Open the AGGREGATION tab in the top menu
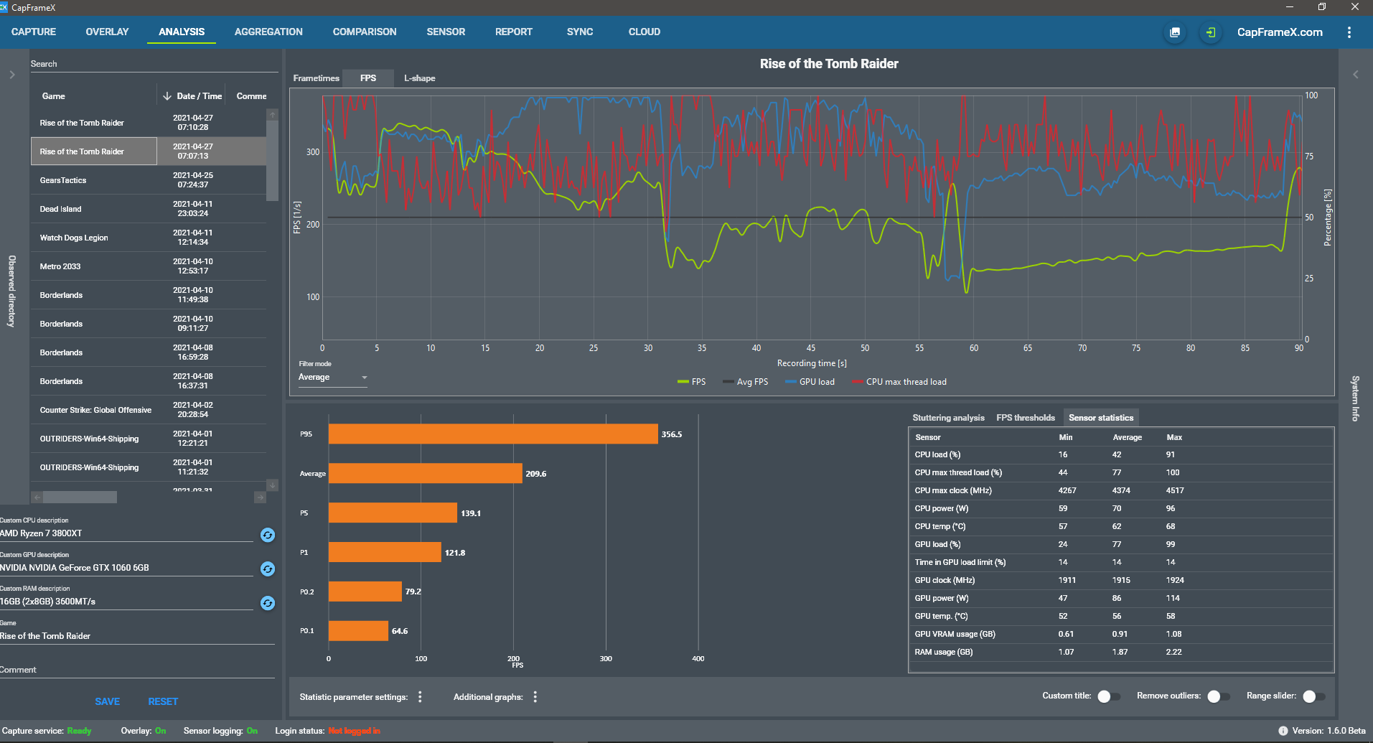pos(268,32)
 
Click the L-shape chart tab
pos(419,78)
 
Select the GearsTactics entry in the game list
pos(63,180)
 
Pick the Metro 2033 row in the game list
pos(60,266)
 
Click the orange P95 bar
pos(492,434)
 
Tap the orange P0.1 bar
pos(358,631)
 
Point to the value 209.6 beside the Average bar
pos(535,474)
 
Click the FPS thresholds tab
pos(1025,418)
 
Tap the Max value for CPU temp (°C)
pos(1171,526)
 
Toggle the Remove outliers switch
pos(1218,696)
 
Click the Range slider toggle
pos(1313,696)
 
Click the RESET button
pos(163,701)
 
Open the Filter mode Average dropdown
pos(333,378)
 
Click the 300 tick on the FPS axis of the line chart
pos(313,152)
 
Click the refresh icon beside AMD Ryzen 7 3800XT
pos(268,535)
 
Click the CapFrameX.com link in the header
pos(1279,32)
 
